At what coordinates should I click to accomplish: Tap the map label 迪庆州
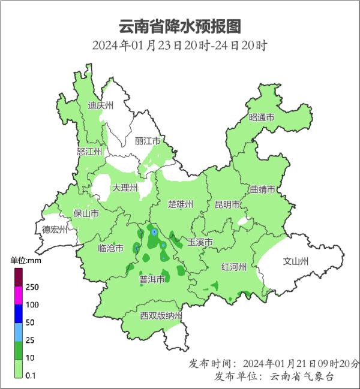(x=101, y=105)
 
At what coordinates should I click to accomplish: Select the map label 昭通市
(x=262, y=117)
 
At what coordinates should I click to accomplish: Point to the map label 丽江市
(x=148, y=141)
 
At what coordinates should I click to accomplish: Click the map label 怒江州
(x=90, y=152)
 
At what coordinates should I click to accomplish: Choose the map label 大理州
(x=125, y=188)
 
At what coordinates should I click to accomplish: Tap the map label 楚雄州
(x=181, y=204)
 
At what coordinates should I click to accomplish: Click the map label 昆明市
(x=228, y=204)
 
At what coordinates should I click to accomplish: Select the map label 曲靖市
(x=262, y=189)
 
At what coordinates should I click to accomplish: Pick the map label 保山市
(x=86, y=213)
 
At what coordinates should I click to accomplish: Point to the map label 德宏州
(x=55, y=230)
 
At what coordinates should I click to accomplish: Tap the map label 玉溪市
(x=200, y=242)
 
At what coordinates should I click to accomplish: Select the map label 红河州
(x=233, y=267)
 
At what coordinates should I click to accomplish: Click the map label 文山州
(x=296, y=261)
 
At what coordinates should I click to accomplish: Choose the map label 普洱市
(x=152, y=279)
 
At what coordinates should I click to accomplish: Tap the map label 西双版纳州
(x=161, y=316)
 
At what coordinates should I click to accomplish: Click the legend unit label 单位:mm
(x=25, y=261)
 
